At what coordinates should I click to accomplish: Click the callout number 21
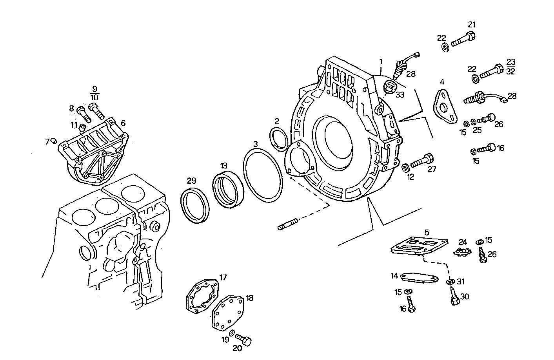(x=472, y=25)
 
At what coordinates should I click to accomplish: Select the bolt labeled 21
(x=464, y=40)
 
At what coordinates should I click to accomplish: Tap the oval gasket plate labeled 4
(x=445, y=105)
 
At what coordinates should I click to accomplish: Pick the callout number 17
(x=223, y=278)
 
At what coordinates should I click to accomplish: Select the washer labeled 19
(x=232, y=333)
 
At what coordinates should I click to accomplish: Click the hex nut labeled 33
(x=390, y=87)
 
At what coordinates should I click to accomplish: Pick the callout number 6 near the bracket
(x=123, y=123)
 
